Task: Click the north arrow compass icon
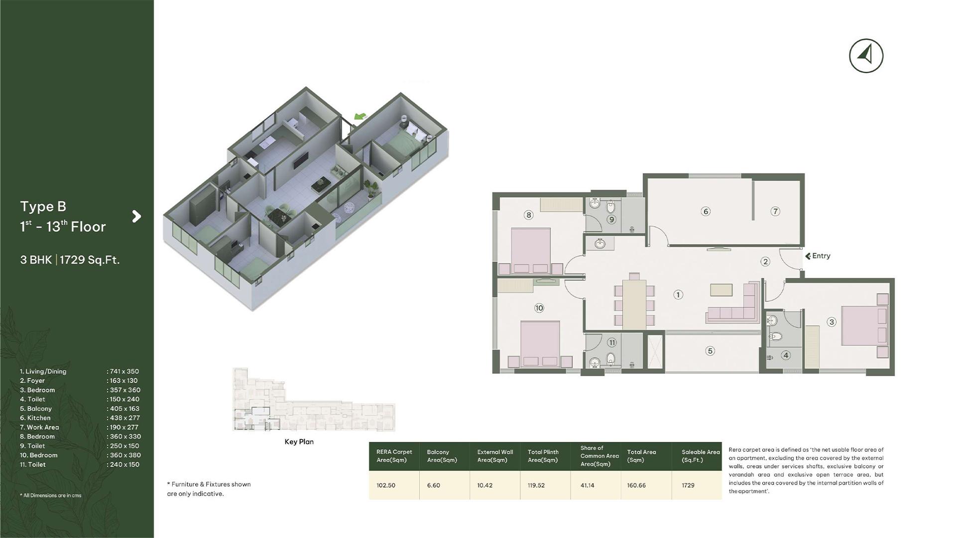coord(866,55)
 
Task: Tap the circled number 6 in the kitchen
coord(706,211)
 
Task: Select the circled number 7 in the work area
coord(775,211)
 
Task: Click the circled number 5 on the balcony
coord(711,351)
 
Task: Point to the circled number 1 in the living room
coord(678,294)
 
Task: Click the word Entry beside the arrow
coord(821,256)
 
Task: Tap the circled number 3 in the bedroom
coord(832,322)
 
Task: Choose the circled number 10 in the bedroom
coord(539,308)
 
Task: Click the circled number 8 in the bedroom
coord(529,215)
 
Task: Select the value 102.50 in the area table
coord(386,485)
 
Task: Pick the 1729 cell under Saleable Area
coord(688,485)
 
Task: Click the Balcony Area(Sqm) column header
coord(442,456)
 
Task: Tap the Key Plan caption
coord(299,442)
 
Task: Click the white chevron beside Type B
coord(136,216)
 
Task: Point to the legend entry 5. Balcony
coord(36,408)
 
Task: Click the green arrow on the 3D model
coord(360,117)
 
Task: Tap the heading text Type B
coord(43,206)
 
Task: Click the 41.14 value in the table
coord(588,485)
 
